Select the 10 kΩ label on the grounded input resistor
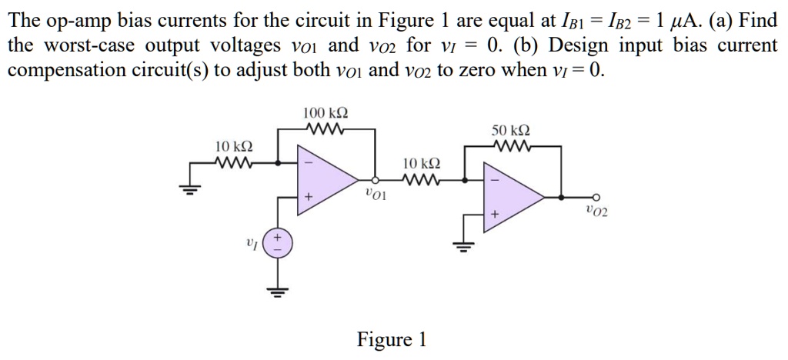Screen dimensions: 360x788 [x=233, y=146]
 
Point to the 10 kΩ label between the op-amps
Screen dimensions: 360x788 [x=422, y=164]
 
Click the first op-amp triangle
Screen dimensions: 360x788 [x=327, y=181]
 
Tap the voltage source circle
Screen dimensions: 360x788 [x=277, y=245]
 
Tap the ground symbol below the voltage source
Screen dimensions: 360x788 [x=277, y=291]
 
